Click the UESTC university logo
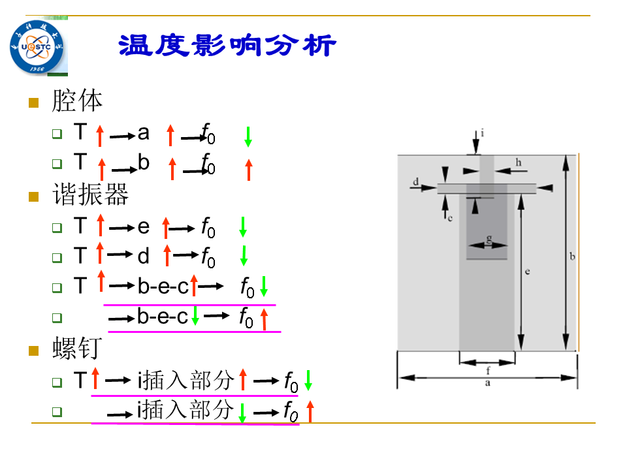37,47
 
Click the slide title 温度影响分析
227,45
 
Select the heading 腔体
77,101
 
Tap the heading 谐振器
90,195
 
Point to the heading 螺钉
77,348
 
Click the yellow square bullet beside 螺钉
33,351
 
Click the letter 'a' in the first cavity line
144,133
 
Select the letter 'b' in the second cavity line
144,163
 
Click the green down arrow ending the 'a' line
248,136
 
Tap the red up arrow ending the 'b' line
249,170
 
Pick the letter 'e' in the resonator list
144,227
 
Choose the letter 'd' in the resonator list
144,255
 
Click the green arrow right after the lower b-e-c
195,316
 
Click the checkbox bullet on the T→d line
57,257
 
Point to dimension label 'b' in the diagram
572,256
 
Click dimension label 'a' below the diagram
487,383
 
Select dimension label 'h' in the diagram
519,163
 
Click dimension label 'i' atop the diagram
482,133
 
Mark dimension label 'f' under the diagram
488,371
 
